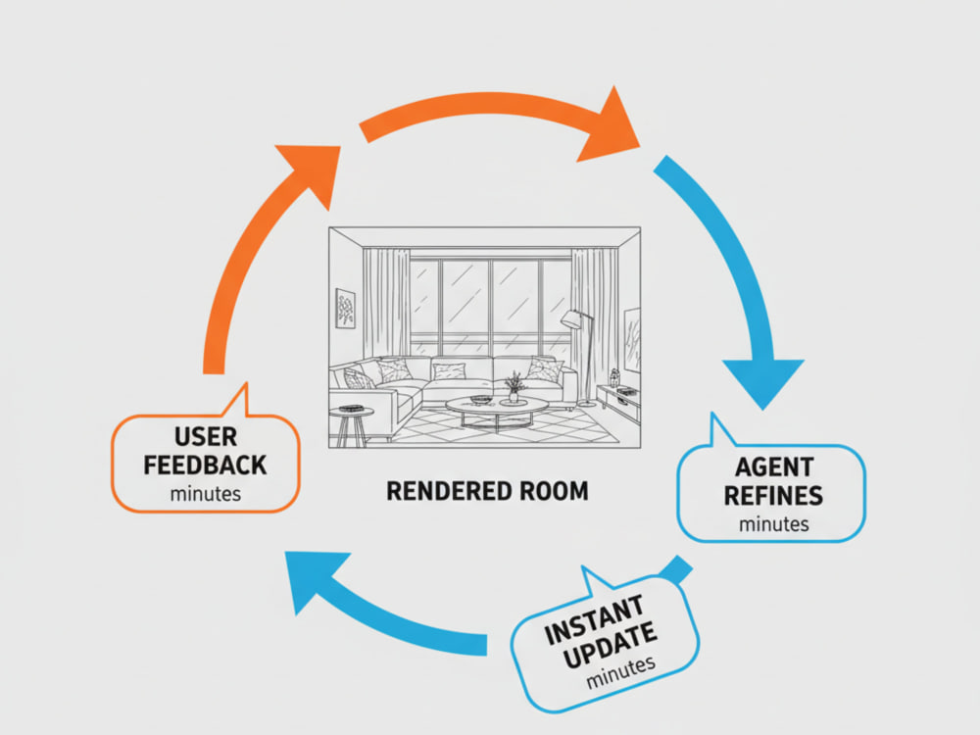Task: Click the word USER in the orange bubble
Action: pos(206,437)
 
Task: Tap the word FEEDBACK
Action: pos(205,465)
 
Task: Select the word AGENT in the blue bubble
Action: pos(774,466)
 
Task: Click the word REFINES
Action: pos(773,496)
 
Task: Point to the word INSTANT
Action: pos(595,620)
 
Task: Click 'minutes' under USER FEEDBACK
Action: pos(205,494)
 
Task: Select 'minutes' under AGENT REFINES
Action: pos(774,523)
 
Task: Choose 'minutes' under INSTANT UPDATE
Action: pos(620,672)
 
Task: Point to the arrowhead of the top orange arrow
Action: pos(610,126)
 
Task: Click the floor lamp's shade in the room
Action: pos(572,319)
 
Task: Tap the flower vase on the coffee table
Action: pos(514,388)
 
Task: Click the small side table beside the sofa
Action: pos(351,426)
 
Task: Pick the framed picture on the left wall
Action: pos(345,308)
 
